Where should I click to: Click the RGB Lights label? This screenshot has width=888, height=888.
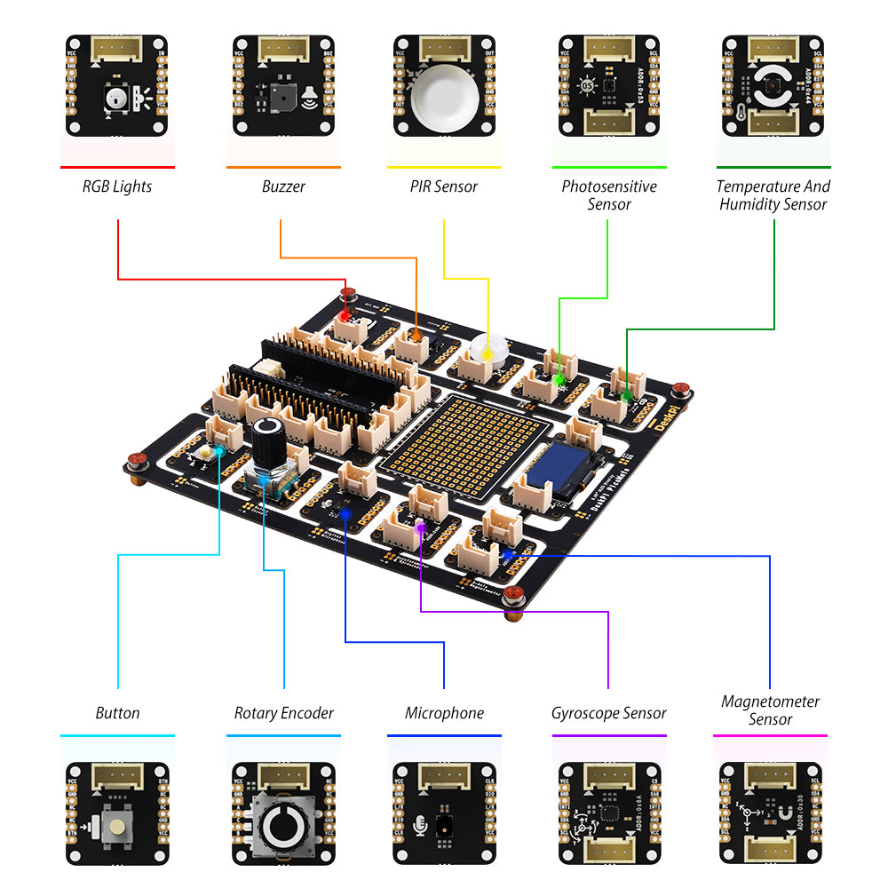coord(117,186)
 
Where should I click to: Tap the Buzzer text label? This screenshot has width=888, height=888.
coord(283,186)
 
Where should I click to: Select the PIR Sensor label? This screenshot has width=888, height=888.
coord(444,186)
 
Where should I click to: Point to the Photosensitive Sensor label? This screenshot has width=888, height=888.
coord(609,195)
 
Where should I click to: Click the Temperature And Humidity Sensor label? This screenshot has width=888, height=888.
coord(773,195)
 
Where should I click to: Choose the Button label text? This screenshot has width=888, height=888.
coord(117,713)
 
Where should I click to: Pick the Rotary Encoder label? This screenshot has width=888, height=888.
coord(284,713)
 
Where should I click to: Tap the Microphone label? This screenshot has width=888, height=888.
coord(444,713)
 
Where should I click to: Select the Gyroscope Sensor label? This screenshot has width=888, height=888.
coord(608,713)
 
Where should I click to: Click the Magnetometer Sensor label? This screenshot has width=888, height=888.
coord(770,710)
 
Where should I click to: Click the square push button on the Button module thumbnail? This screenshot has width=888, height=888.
coord(117,829)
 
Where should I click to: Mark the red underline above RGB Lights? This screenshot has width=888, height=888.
coord(117,167)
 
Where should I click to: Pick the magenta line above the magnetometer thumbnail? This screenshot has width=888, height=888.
coord(770,735)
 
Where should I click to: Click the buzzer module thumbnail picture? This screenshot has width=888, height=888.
coord(283,86)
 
